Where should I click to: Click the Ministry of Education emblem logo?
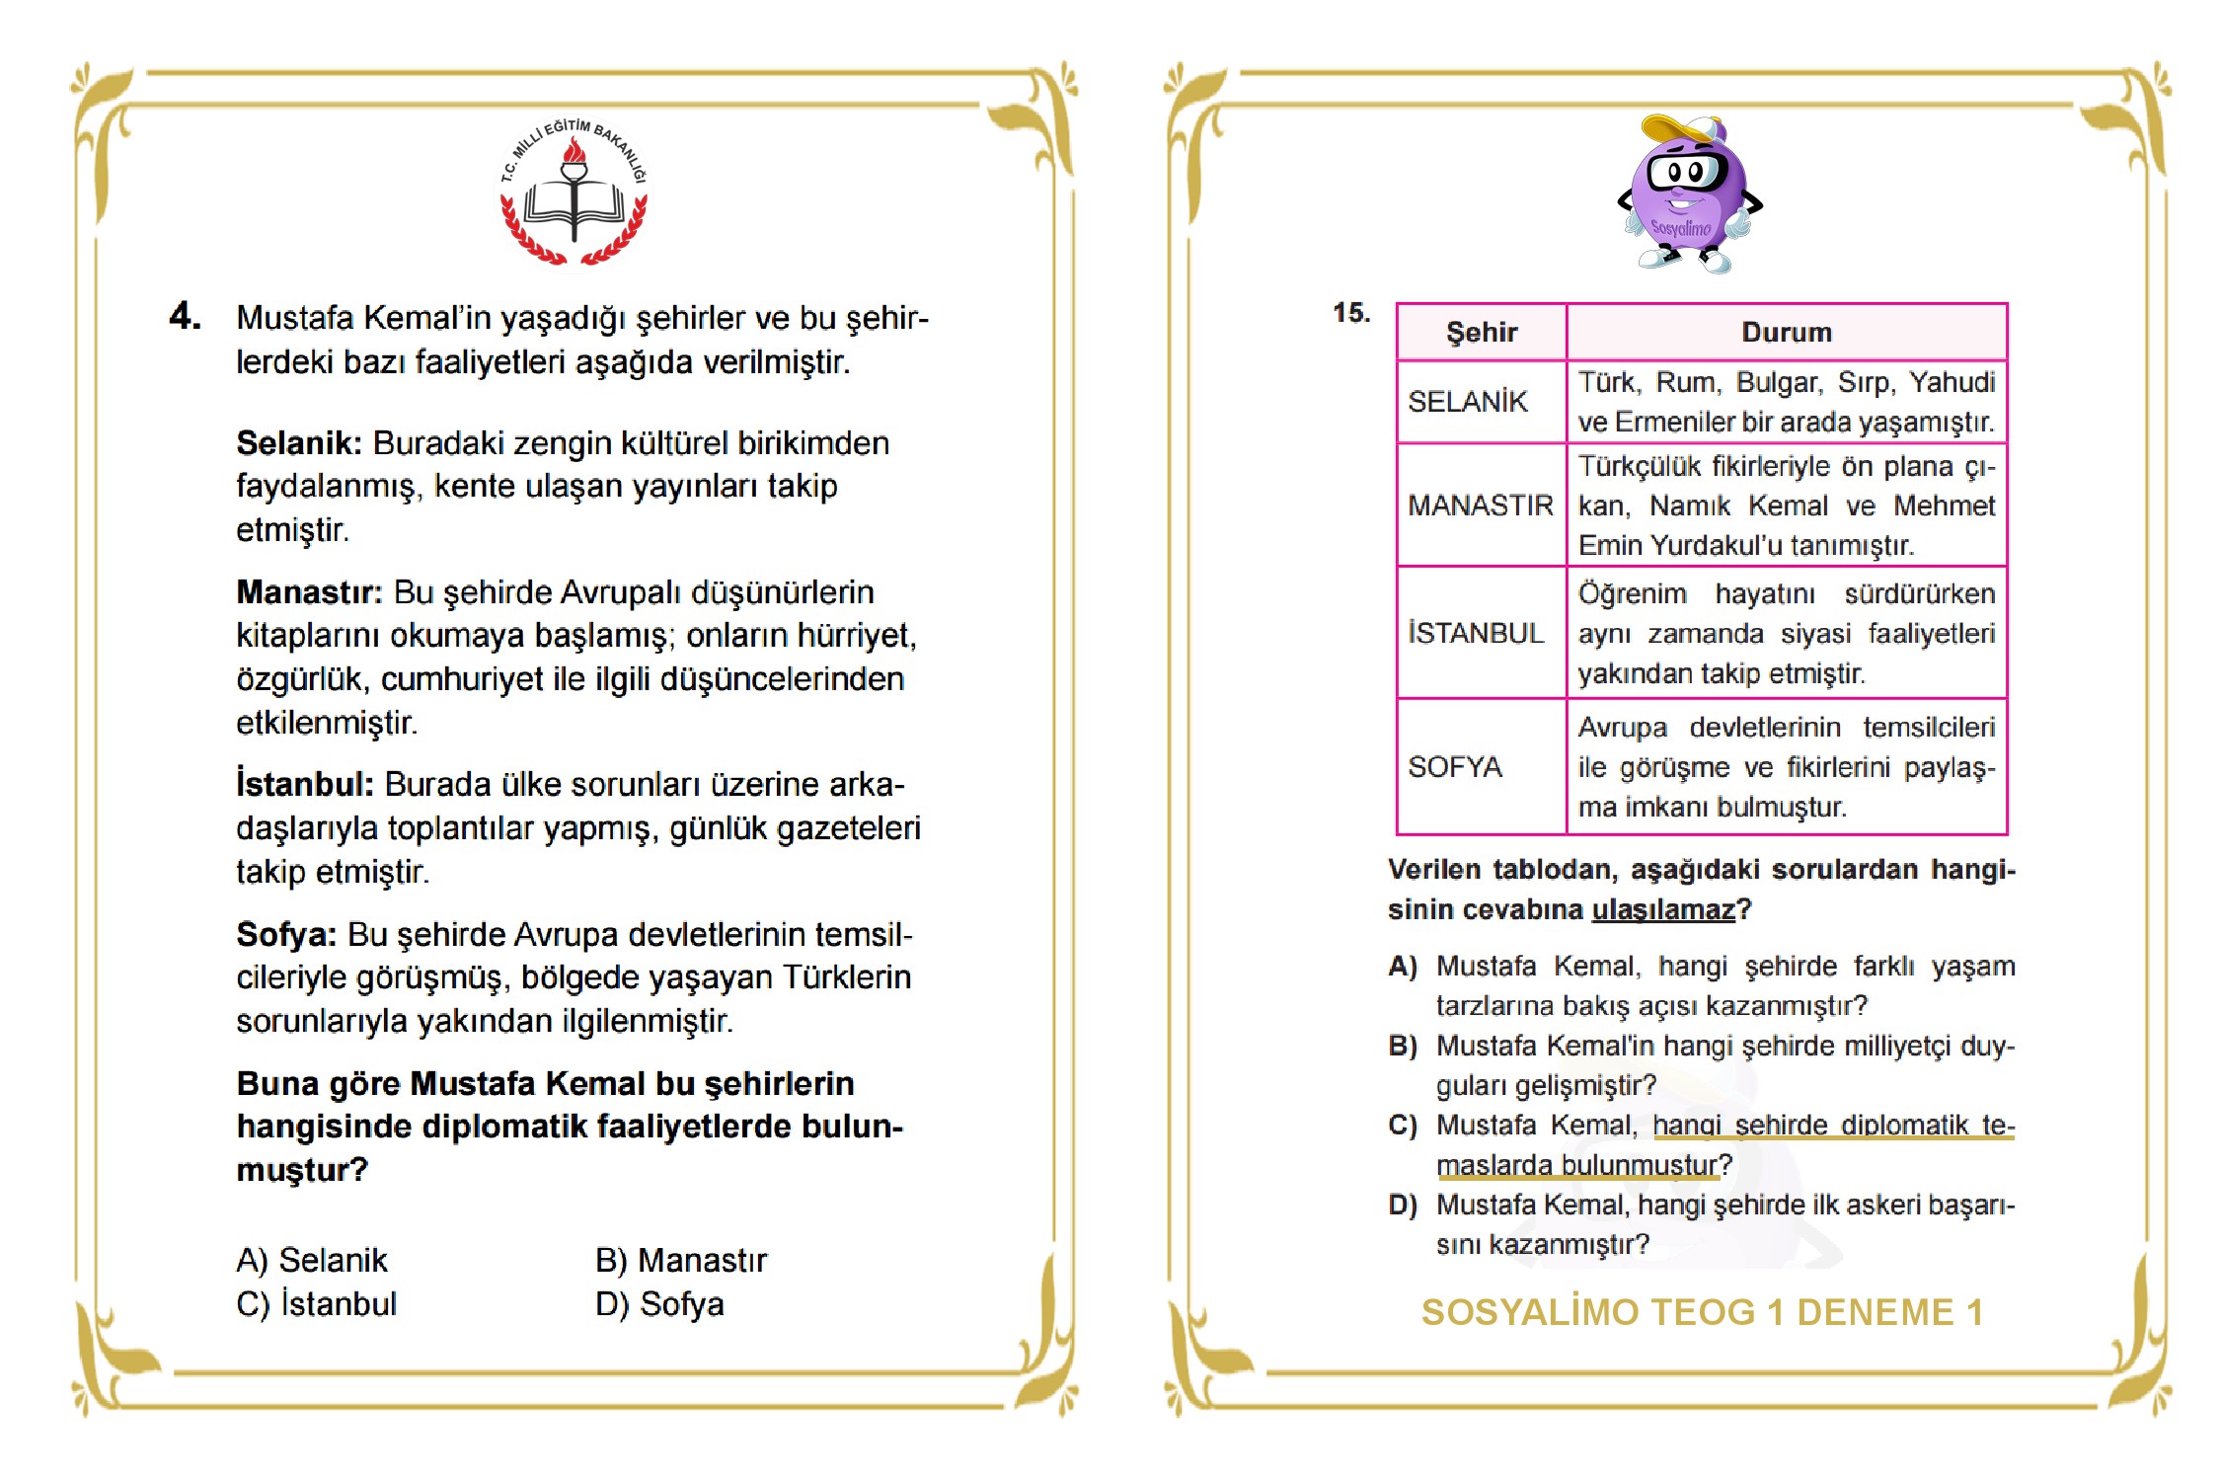coord(574,195)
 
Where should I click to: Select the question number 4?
coord(185,316)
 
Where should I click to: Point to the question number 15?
coord(1350,313)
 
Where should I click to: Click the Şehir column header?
coord(1481,333)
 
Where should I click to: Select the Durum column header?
coord(1786,333)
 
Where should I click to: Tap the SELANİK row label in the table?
coord(1467,402)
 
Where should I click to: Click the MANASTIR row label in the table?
coord(1480,506)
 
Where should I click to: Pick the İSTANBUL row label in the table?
coord(1476,633)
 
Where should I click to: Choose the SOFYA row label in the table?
coord(1455,767)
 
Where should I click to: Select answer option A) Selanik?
coord(312,1261)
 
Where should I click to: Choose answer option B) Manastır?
coord(681,1261)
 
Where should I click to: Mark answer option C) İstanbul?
coord(316,1304)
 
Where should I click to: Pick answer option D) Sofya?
coord(659,1304)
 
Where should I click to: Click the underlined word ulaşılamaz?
coord(1663,909)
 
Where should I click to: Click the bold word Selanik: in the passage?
coord(299,443)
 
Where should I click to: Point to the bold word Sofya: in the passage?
coord(286,934)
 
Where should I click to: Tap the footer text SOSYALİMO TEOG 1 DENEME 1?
coord(1702,1312)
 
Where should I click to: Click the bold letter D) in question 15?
coord(1402,1206)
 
